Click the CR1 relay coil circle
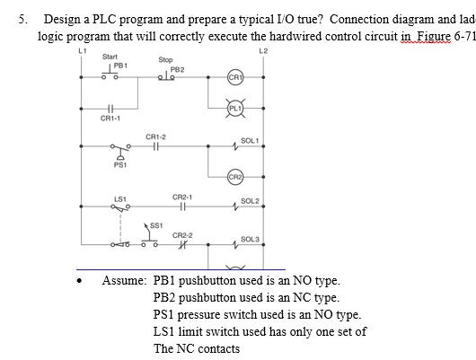pyautogui.click(x=236, y=77)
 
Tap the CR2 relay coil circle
pyautogui.click(x=236, y=174)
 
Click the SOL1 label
pyautogui.click(x=250, y=141)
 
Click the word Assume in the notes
pyautogui.click(x=120, y=280)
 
